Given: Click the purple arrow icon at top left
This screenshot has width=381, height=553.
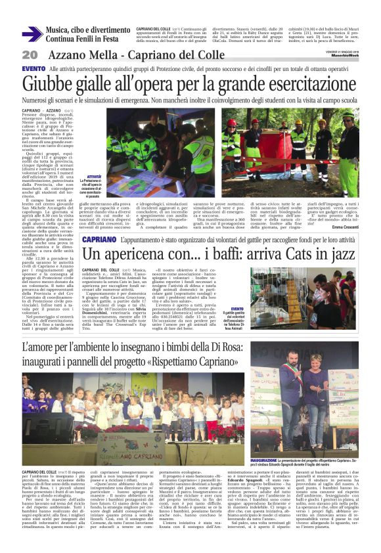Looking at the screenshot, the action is click(x=32, y=34).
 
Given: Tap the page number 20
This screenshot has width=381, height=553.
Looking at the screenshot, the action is click(x=30, y=55).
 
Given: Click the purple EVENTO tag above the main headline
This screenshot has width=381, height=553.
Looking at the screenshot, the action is click(x=34, y=68).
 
